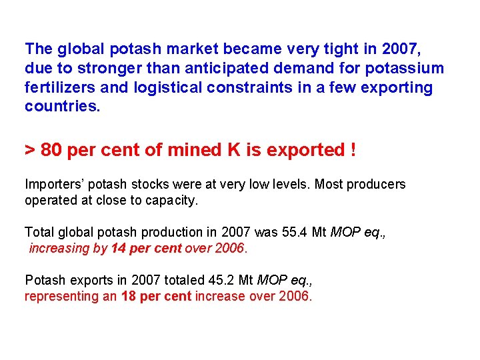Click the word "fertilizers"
coord(59,87)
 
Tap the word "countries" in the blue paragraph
coord(60,107)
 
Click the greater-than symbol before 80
coord(30,151)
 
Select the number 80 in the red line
coord(51,150)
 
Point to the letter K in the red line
coord(235,150)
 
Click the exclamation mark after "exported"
coord(352,150)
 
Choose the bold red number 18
coord(129,296)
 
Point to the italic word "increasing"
coord(59,249)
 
